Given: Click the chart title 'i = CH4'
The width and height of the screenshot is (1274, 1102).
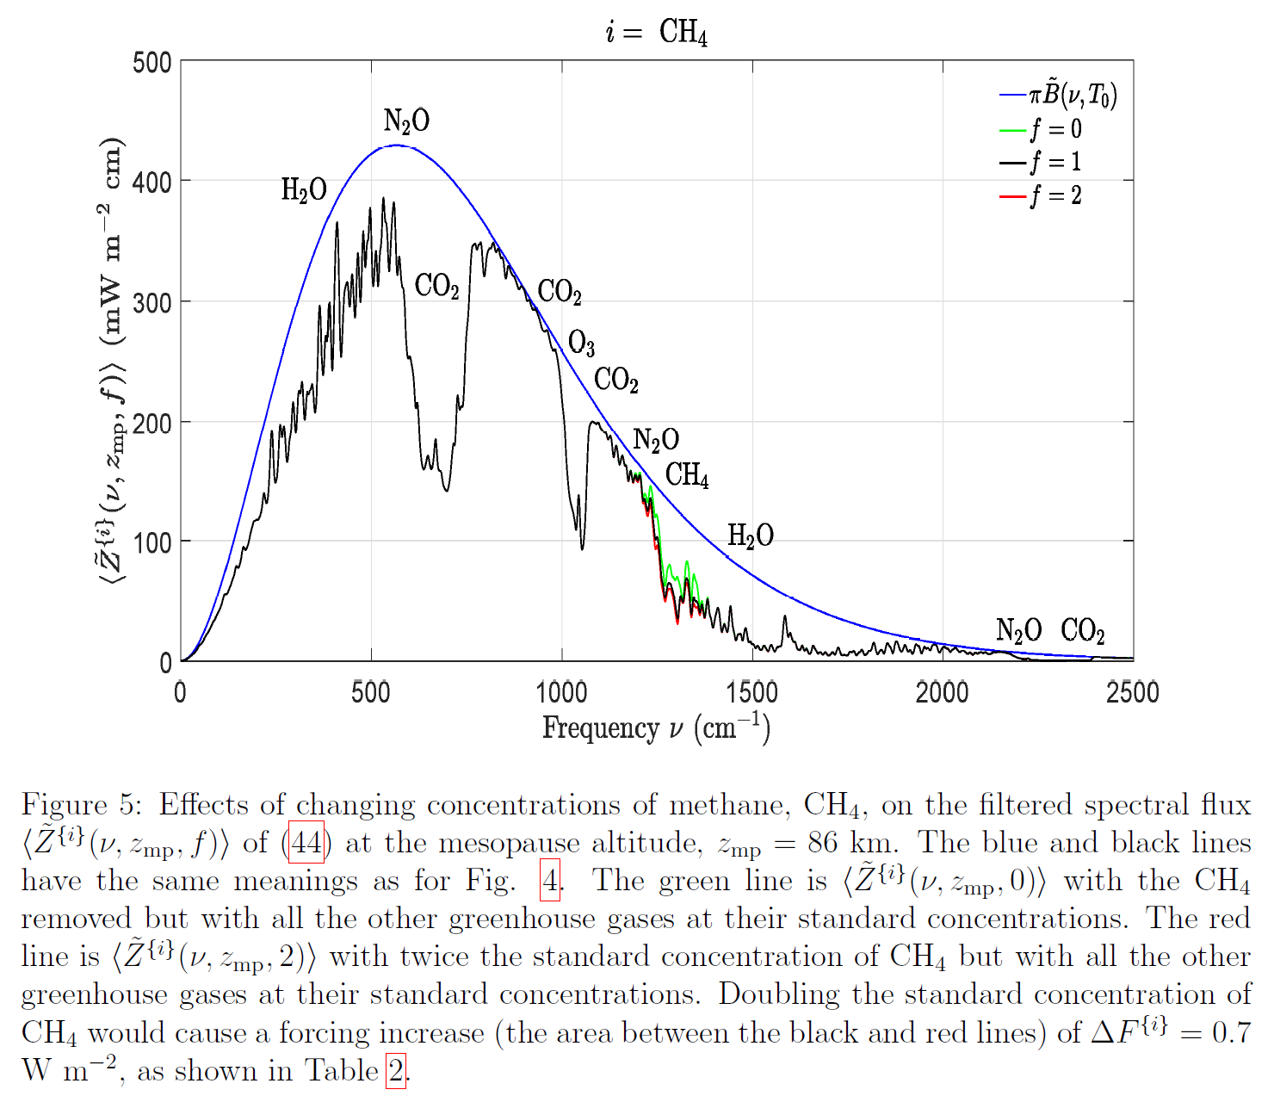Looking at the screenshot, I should tap(656, 33).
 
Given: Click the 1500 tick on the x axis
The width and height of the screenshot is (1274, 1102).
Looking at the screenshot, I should tap(752, 692).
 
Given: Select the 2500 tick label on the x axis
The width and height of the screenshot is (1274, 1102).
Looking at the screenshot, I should tap(1132, 692).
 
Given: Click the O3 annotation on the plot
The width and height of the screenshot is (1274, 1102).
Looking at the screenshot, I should tap(581, 344).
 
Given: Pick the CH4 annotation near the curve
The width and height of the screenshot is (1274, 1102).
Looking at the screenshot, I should tap(687, 474).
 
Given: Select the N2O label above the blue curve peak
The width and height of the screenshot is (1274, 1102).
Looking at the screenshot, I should tap(406, 121).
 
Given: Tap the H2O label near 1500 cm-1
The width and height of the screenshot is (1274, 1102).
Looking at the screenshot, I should tap(750, 536).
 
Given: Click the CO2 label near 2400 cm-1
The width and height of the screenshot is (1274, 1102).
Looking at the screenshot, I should tap(1082, 631).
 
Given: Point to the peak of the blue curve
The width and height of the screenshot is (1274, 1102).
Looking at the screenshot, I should tap(396, 145).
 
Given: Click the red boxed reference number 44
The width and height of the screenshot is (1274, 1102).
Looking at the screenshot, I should tap(306, 843).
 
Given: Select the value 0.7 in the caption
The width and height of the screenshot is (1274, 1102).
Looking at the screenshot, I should tap(1231, 1032).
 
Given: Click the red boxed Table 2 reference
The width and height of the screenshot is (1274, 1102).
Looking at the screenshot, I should tap(395, 1071).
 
